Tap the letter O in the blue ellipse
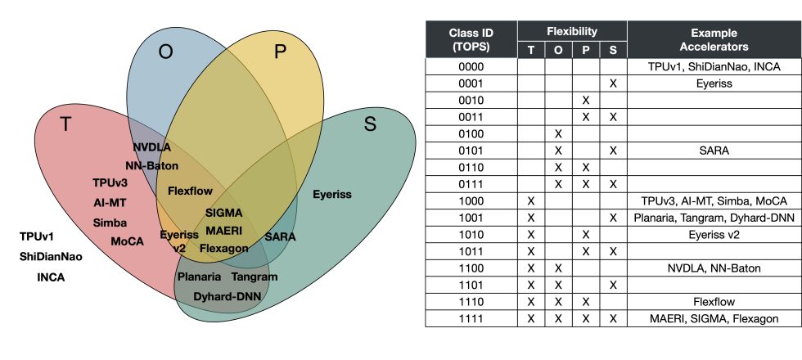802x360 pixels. (165, 52)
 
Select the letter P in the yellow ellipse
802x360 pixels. (281, 52)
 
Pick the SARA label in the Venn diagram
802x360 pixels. (281, 236)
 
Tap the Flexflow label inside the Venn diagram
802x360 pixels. (190, 191)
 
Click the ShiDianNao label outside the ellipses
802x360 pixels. (50, 256)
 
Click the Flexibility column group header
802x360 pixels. (572, 32)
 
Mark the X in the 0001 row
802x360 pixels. (613, 83)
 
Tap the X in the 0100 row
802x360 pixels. (558, 133)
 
